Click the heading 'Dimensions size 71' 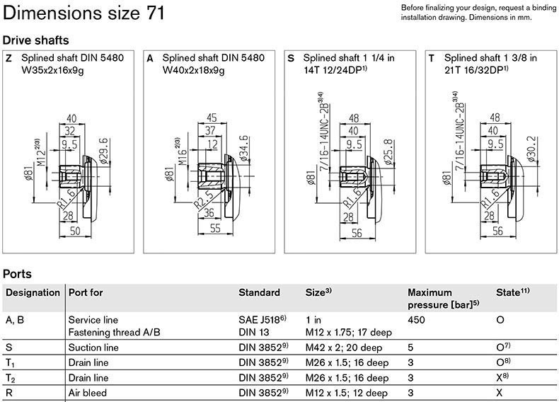click(83, 13)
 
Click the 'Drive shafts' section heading click(35, 40)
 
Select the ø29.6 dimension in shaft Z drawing click(104, 151)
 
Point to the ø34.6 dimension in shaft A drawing click(244, 149)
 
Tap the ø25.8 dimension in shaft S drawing click(388, 152)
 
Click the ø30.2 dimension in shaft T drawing click(531, 149)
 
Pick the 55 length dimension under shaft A click(215, 228)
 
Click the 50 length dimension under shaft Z click(75, 231)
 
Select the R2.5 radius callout click(204, 200)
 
